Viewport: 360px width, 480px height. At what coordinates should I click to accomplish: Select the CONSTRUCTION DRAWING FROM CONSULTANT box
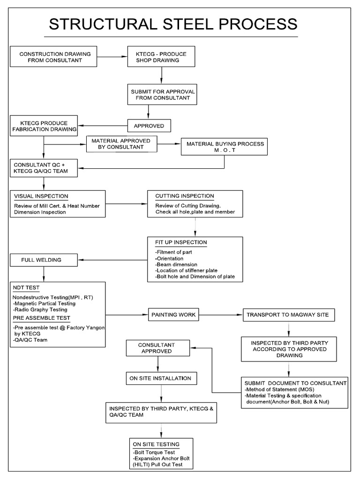click(55, 57)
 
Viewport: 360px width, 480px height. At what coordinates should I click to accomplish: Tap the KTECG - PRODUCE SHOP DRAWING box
click(161, 57)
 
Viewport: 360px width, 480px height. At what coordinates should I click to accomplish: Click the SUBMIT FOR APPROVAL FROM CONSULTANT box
click(162, 94)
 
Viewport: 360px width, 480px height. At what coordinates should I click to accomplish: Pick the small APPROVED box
click(149, 126)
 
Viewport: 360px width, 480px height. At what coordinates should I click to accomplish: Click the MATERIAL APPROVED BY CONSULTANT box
click(121, 144)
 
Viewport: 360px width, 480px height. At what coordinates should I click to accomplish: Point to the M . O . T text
click(225, 150)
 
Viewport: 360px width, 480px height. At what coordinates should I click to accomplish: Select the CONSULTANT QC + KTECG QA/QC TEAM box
click(41, 168)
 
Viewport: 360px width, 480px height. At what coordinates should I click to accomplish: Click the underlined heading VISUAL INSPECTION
click(41, 196)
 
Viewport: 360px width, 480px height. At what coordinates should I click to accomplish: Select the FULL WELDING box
click(44, 259)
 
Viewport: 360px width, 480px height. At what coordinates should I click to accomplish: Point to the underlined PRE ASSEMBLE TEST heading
click(41, 317)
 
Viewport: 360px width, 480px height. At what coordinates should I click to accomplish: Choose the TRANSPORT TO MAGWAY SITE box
click(288, 315)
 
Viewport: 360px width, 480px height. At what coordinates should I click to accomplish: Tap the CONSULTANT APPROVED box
click(158, 348)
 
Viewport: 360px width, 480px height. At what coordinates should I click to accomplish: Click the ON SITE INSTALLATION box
click(161, 378)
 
